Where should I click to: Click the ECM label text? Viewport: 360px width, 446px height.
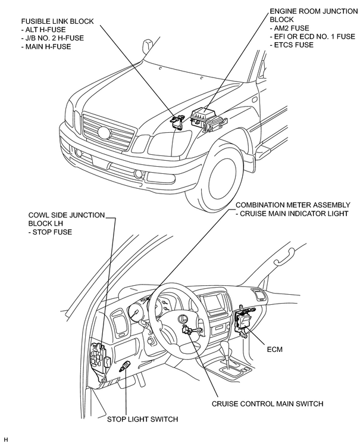click(274, 349)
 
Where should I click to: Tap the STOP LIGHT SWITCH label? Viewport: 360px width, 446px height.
click(142, 419)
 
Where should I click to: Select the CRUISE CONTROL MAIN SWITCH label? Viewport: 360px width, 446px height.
click(267, 404)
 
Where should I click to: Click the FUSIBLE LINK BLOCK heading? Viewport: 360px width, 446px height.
click(57, 21)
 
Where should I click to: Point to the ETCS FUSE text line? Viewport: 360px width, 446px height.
click(292, 45)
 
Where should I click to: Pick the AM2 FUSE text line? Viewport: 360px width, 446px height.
click(289, 28)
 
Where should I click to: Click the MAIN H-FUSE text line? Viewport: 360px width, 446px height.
click(46, 46)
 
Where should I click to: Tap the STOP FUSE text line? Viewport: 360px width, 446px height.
click(50, 232)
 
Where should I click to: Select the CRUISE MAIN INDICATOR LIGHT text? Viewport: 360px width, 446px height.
click(292, 214)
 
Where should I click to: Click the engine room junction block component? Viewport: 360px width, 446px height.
click(208, 120)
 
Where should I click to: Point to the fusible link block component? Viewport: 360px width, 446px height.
click(177, 122)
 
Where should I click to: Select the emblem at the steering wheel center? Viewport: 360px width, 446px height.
click(182, 319)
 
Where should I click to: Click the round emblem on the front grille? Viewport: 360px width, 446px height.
click(104, 133)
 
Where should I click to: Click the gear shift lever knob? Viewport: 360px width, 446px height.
click(225, 346)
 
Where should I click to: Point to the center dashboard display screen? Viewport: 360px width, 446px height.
click(215, 302)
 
